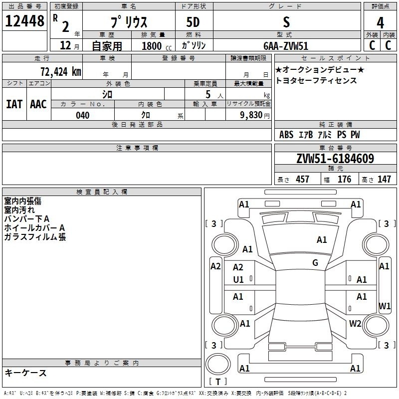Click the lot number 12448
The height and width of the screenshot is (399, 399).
pyautogui.click(x=24, y=21)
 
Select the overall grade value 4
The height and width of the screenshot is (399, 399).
pyautogui.click(x=380, y=23)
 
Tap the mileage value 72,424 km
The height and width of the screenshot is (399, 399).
pyautogui.click(x=61, y=72)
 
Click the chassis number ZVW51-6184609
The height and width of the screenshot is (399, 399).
pyautogui.click(x=335, y=159)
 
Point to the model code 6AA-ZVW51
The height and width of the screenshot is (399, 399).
pyautogui.click(x=286, y=46)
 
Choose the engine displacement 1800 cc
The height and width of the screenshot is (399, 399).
pyautogui.click(x=157, y=46)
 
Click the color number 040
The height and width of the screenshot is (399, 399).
pyautogui.click(x=82, y=115)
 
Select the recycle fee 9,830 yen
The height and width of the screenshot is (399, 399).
pyautogui.click(x=255, y=115)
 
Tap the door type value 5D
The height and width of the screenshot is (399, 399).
pyautogui.click(x=193, y=22)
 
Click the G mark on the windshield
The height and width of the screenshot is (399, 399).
pyautogui.click(x=315, y=263)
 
